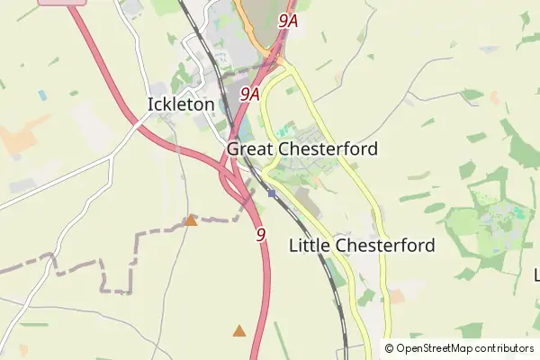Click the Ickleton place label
click(181, 104)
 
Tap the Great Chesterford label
click(302, 148)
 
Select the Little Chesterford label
click(362, 245)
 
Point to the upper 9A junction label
click(288, 20)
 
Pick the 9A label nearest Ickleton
click(250, 93)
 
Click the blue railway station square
click(272, 193)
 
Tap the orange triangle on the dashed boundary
click(191, 220)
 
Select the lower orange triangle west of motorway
click(238, 331)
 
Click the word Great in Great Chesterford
click(250, 148)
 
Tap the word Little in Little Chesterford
click(309, 245)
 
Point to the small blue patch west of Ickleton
click(42, 94)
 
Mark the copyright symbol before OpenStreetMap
click(390, 348)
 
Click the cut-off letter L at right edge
click(536, 274)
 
